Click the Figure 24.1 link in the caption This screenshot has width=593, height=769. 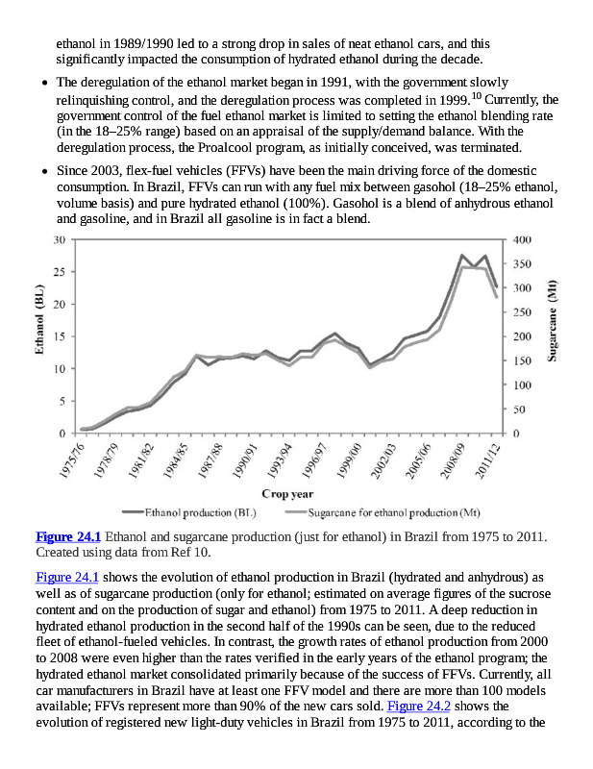coord(67,536)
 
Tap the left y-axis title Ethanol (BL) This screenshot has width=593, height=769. coord(40,320)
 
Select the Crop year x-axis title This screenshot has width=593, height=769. coord(288,494)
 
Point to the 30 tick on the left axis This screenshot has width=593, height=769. coord(60,239)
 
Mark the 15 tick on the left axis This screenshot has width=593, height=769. coord(60,336)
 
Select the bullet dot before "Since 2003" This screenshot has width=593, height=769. coord(45,170)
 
